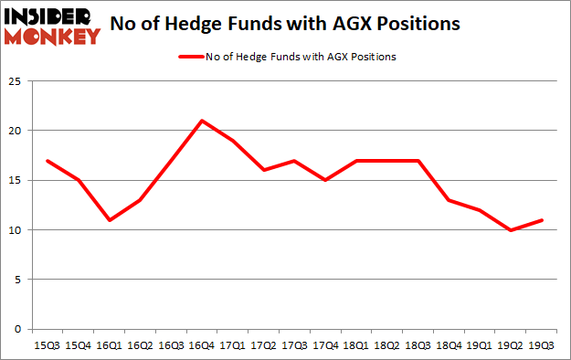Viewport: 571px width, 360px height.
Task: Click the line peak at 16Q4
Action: click(x=202, y=121)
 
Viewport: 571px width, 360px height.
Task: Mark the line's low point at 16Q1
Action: click(x=109, y=220)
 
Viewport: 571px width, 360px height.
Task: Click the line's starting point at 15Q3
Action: click(x=48, y=161)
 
